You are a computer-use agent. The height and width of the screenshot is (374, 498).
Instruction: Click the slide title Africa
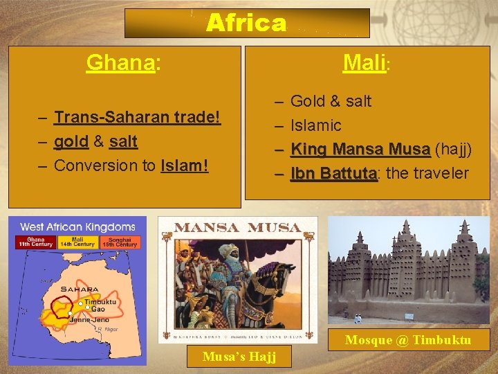(246, 24)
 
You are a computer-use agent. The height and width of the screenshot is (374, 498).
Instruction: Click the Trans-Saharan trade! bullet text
(137, 117)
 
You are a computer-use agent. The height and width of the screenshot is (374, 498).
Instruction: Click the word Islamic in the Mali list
(315, 125)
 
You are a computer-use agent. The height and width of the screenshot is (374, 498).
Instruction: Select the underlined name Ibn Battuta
(333, 173)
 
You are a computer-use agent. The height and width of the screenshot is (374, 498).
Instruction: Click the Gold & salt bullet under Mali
(331, 101)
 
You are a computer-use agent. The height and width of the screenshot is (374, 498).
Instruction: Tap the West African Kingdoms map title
(77, 226)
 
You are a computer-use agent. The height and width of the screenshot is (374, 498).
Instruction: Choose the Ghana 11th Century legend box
(35, 242)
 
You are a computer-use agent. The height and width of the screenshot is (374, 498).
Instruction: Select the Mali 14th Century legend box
(77, 242)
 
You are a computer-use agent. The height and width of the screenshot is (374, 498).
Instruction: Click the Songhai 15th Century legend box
(120, 242)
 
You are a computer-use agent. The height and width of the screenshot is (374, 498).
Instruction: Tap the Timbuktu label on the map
(99, 303)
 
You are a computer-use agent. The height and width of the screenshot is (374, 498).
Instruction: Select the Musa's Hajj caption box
(239, 357)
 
